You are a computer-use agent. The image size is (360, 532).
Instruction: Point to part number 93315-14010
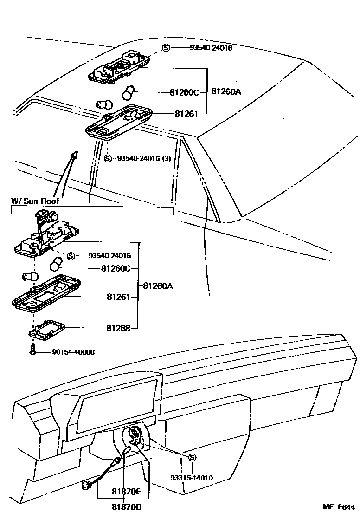tap(191, 478)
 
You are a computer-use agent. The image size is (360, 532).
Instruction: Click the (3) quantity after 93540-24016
tap(166, 158)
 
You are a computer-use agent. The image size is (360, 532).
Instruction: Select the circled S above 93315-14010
tap(192, 458)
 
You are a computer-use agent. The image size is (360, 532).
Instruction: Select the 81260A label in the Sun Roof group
tap(158, 286)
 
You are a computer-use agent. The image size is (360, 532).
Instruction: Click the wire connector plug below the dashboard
tap(86, 484)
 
